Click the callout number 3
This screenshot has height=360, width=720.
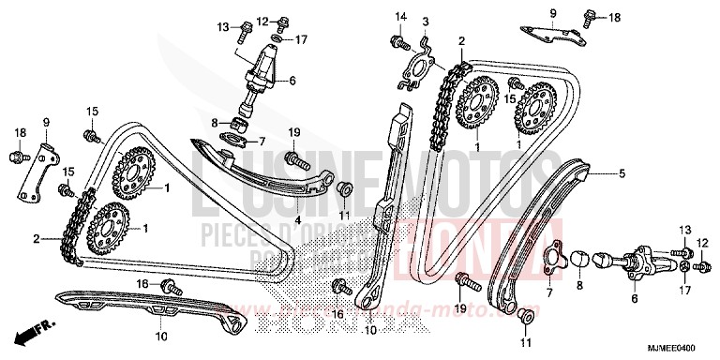[425, 22]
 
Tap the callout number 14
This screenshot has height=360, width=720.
[400, 16]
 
